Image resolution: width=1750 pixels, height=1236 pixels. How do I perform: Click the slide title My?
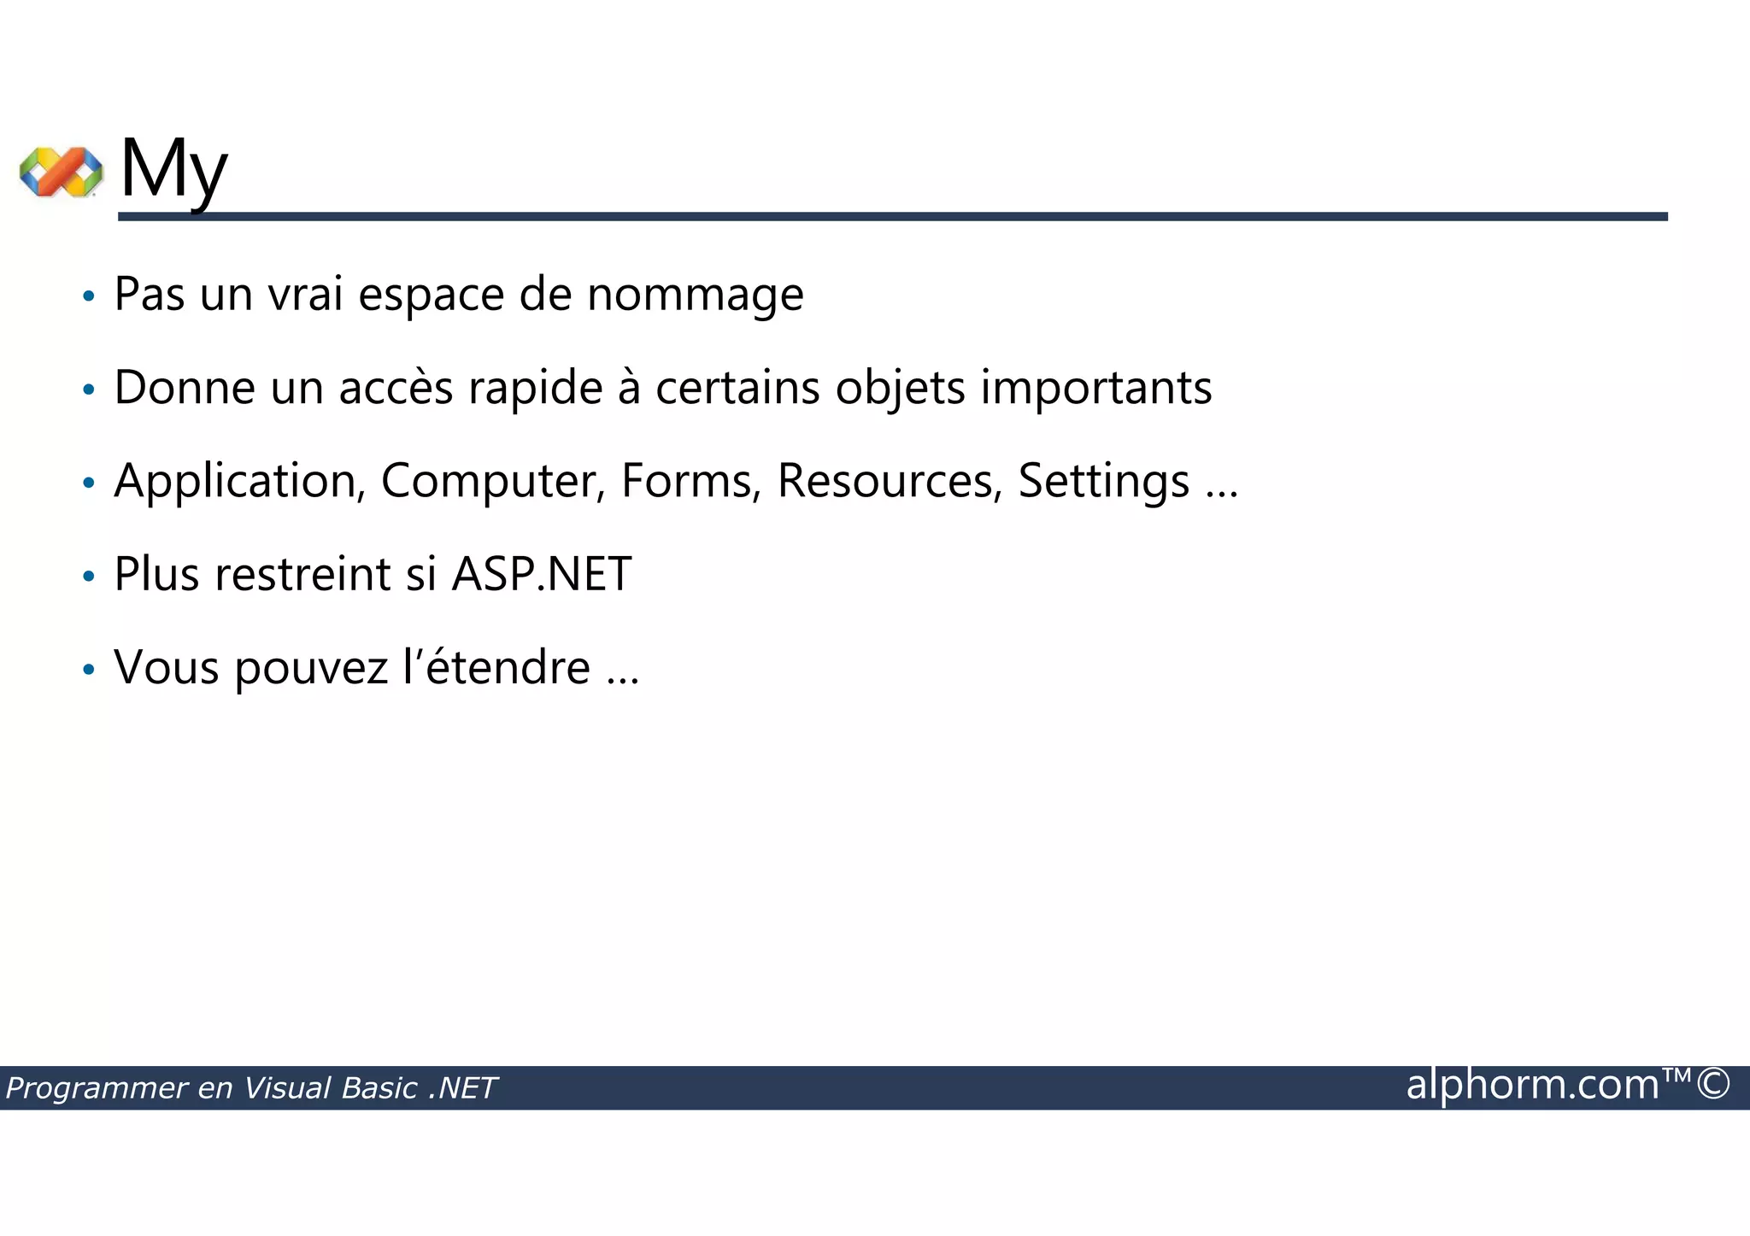[x=173, y=169]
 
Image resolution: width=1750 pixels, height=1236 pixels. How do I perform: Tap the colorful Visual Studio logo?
[x=61, y=171]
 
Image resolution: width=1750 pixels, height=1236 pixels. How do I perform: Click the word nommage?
[x=695, y=295]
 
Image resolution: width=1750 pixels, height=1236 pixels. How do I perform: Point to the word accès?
[x=395, y=388]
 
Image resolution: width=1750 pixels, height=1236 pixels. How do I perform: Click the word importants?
[x=1095, y=388]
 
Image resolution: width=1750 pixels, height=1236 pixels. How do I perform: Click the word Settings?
[x=1103, y=481]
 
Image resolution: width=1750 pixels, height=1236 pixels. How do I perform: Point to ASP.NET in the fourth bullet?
[x=542, y=574]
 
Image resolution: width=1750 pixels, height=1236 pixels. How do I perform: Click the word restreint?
[x=302, y=574]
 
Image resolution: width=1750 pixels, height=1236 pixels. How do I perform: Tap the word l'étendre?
[x=496, y=667]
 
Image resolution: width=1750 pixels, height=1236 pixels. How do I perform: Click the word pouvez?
[x=311, y=667]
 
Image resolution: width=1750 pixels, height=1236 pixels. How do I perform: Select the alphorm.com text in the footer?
[x=1532, y=1085]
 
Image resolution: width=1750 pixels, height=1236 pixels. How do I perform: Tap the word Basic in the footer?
[x=379, y=1088]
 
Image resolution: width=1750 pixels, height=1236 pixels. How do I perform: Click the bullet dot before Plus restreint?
[x=88, y=577]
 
